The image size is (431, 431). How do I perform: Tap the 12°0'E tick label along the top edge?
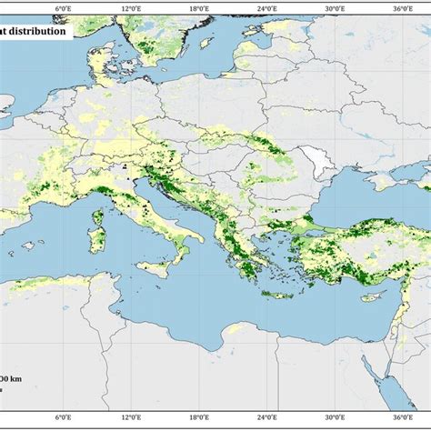(130, 9)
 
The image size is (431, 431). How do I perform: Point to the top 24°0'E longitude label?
(266, 9)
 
